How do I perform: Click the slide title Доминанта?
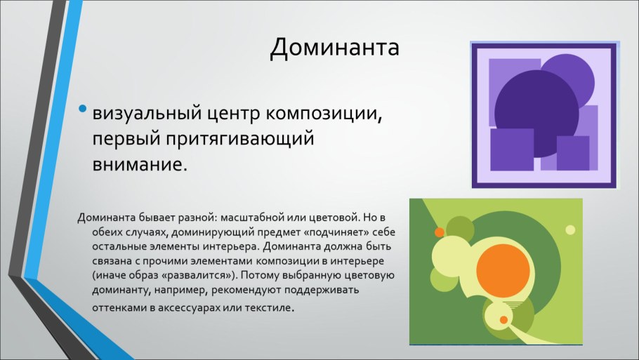pyautogui.click(x=335, y=48)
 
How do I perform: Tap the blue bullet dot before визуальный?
pyautogui.click(x=84, y=109)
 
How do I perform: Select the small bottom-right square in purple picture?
pyautogui.click(x=572, y=152)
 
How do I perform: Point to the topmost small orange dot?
pyautogui.click(x=440, y=232)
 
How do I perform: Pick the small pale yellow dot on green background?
pyautogui.click(x=570, y=229)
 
